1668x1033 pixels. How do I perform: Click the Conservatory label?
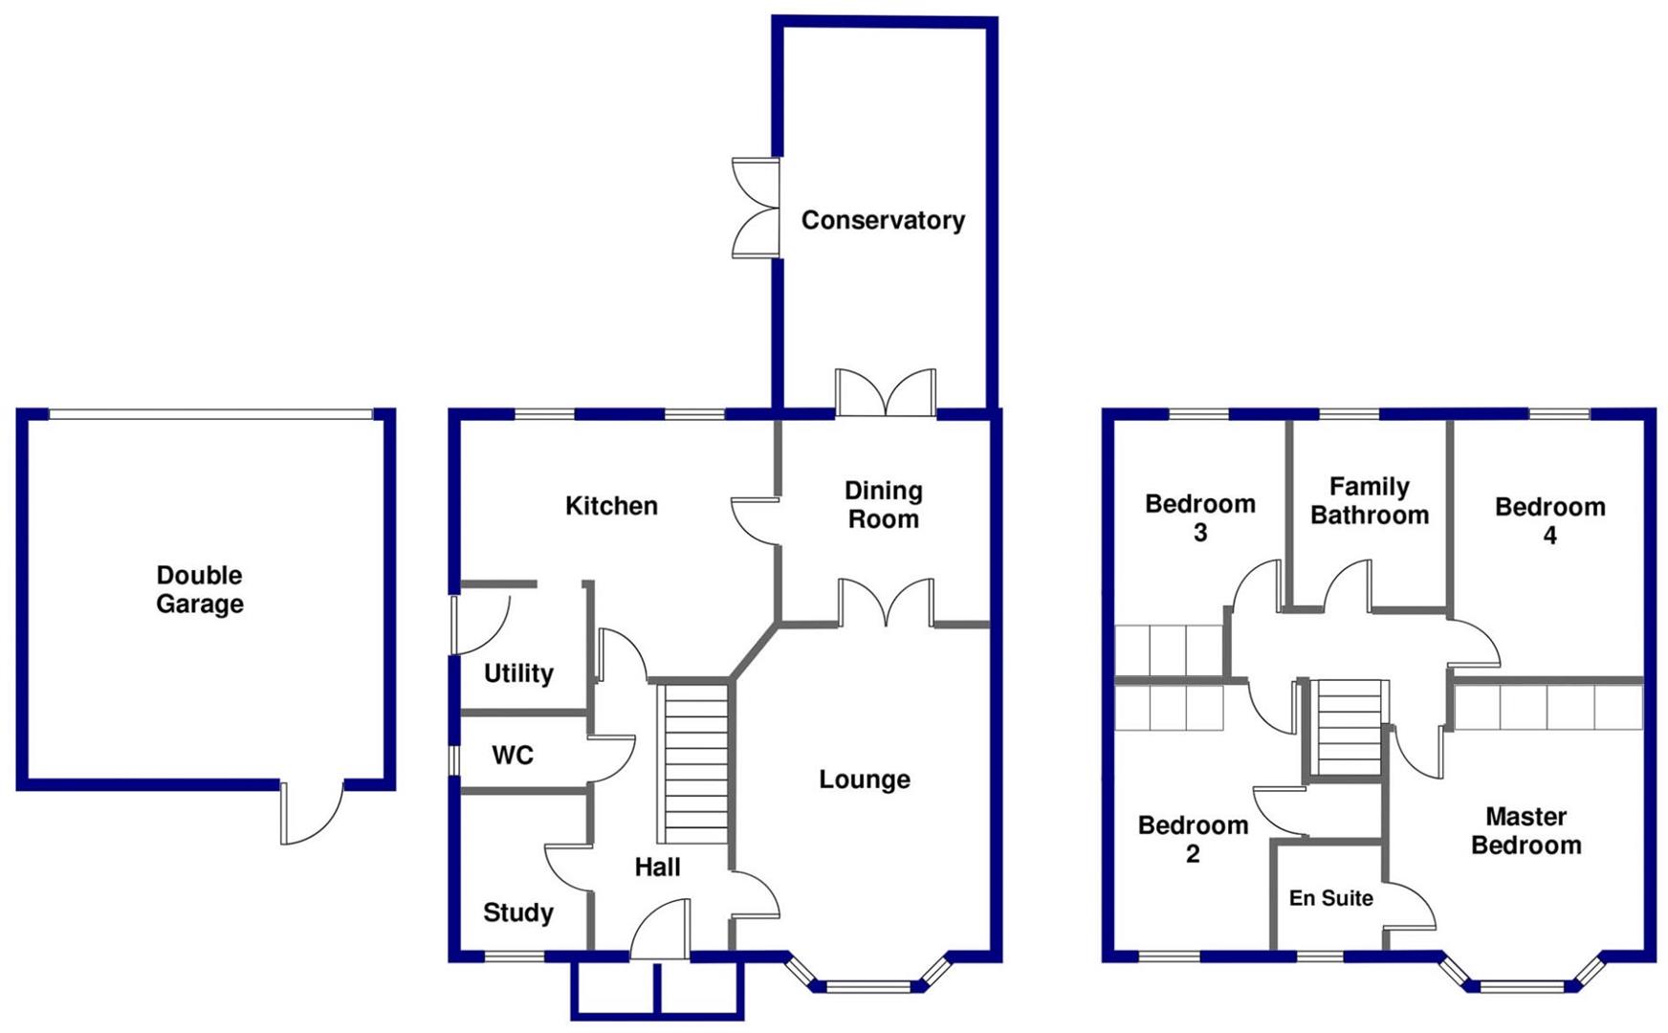tap(883, 221)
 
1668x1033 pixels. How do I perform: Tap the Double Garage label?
tap(200, 589)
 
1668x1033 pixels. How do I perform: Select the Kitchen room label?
tap(611, 506)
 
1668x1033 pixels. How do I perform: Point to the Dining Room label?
tap(883, 505)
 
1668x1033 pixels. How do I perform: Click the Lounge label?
tap(865, 780)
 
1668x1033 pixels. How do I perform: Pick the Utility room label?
tap(518, 673)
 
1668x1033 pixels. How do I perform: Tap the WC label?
tap(513, 756)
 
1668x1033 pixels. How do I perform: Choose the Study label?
tap(518, 912)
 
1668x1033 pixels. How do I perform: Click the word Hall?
tap(658, 868)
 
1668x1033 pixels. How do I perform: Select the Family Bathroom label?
tap(1370, 501)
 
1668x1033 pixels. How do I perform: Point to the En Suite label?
tap(1330, 898)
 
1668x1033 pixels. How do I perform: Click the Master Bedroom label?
tap(1525, 831)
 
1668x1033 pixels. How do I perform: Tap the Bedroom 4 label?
tap(1549, 521)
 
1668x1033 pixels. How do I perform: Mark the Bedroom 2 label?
tap(1193, 839)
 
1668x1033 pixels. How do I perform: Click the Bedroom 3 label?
tap(1200, 517)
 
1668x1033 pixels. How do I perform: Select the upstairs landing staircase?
tap(1348, 727)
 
